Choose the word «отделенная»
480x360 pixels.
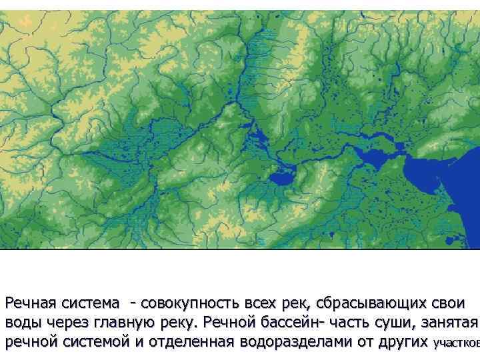(x=193, y=343)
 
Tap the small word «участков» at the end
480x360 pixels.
(x=456, y=344)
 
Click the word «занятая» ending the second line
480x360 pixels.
(x=453, y=323)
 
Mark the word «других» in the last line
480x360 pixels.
(x=400, y=343)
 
